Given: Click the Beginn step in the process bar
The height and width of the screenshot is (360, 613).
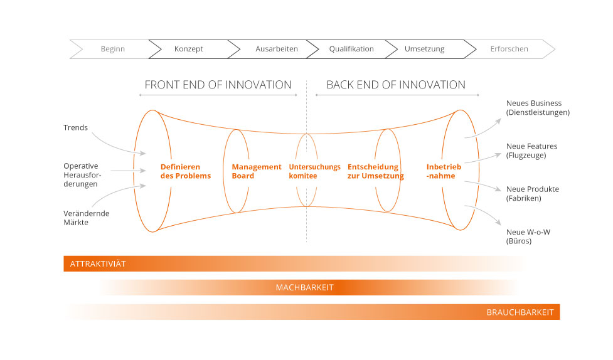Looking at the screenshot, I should [113, 49].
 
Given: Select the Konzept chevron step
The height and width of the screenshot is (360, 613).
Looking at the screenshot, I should [189, 49].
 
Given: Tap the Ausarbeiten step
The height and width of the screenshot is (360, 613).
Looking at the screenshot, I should [277, 49].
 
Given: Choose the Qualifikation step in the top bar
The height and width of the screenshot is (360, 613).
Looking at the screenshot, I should [351, 49].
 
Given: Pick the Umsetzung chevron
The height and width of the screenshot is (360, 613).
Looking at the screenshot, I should [425, 49].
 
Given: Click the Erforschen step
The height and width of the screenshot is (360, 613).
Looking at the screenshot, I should [509, 49].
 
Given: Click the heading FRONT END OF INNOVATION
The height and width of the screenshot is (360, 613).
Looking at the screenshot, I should [218, 85].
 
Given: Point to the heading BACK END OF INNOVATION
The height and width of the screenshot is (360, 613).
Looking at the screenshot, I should [396, 85].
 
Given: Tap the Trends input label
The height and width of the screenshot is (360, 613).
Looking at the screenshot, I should [76, 128].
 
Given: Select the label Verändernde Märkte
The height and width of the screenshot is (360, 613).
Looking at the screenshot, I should [86, 218].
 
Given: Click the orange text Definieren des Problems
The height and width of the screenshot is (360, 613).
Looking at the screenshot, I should [185, 171].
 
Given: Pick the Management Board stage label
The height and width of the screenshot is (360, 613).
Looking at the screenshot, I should [257, 171].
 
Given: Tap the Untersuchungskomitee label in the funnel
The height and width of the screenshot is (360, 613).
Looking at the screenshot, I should [314, 171].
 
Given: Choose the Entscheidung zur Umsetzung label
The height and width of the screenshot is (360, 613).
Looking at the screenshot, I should [375, 171].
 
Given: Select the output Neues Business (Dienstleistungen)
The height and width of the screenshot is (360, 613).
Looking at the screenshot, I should [538, 108].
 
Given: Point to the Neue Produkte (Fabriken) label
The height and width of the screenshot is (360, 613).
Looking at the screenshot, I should [532, 194].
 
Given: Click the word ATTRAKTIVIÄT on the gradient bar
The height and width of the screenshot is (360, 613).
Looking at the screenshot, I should [98, 264].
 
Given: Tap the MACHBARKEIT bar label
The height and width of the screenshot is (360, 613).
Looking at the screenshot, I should [305, 288].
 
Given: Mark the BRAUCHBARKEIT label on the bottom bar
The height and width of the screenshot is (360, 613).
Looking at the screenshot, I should [520, 312].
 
